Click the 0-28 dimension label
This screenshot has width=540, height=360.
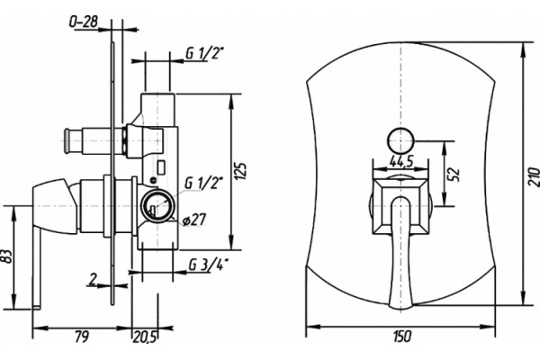pyautogui.click(x=84, y=22)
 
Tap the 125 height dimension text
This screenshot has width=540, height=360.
pyautogui.click(x=242, y=170)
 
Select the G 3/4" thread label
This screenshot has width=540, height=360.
pyautogui.click(x=209, y=265)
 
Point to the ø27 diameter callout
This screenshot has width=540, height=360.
pyautogui.click(x=193, y=220)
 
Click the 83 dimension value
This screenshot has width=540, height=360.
pyautogui.click(x=7, y=256)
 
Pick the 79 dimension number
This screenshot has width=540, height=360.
pyautogui.click(x=82, y=337)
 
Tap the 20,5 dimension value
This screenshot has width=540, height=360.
pyautogui.click(x=145, y=337)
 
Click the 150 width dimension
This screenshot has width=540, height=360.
pyautogui.click(x=401, y=337)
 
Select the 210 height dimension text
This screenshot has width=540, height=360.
pyautogui.click(x=534, y=176)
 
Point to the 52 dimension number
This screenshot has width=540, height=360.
pyautogui.click(x=454, y=175)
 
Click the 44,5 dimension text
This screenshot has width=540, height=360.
pyautogui.click(x=400, y=161)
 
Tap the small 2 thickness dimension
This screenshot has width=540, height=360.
pyautogui.click(x=92, y=280)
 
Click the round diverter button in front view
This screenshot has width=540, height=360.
pyautogui.click(x=400, y=140)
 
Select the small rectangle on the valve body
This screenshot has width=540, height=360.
pyautogui.click(x=161, y=166)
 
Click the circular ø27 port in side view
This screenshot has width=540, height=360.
pyautogui.click(x=157, y=205)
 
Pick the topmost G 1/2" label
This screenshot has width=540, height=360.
pyautogui.click(x=205, y=53)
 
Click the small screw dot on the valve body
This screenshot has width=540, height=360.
pyautogui.click(x=153, y=179)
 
